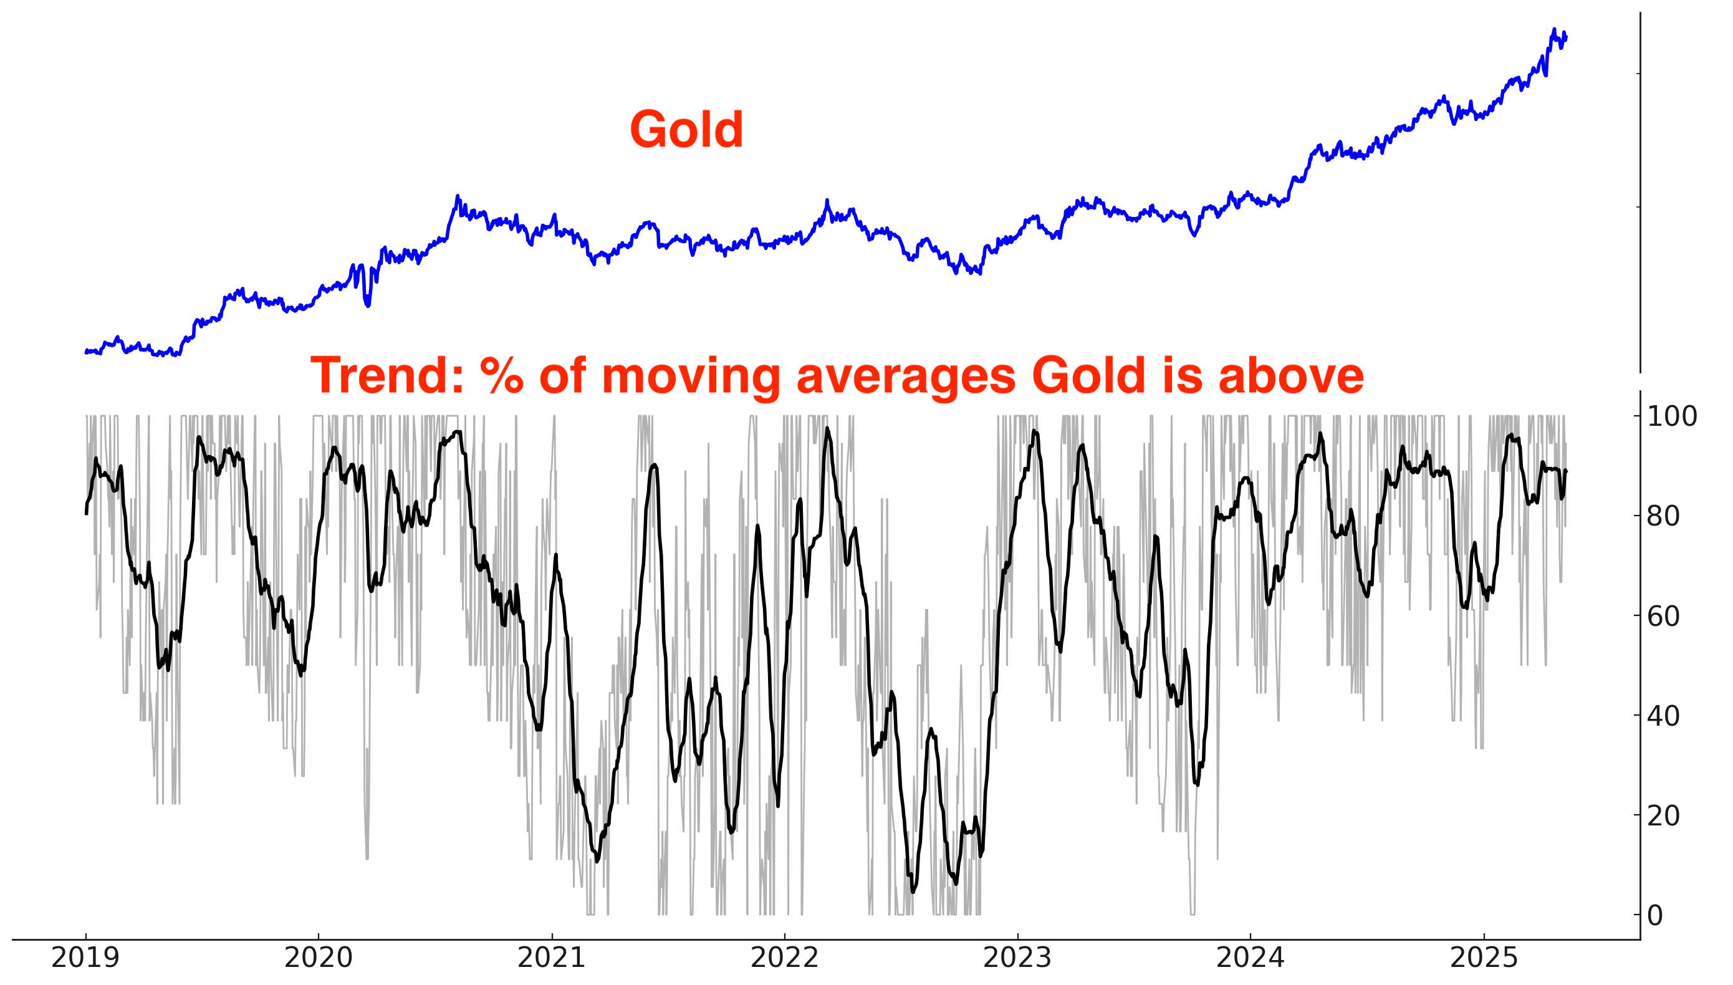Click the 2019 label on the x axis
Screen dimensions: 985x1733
pyautogui.click(x=85, y=958)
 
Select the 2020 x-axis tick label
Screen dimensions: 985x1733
pyautogui.click(x=318, y=958)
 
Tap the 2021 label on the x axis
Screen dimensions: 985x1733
pyautogui.click(x=551, y=958)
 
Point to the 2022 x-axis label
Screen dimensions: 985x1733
pyautogui.click(x=785, y=958)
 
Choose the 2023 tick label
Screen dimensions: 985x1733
pyautogui.click(x=1017, y=958)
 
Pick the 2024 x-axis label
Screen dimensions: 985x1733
pyautogui.click(x=1250, y=958)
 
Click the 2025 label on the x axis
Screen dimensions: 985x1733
pyautogui.click(x=1484, y=958)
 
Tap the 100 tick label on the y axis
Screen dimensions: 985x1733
pyautogui.click(x=1671, y=416)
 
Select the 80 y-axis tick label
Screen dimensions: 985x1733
pyautogui.click(x=1663, y=516)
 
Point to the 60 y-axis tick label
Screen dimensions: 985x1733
pyautogui.click(x=1663, y=617)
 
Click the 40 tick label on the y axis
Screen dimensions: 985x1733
pyautogui.click(x=1663, y=716)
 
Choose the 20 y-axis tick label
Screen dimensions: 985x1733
pyautogui.click(x=1663, y=816)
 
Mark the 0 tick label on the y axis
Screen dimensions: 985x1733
pyautogui.click(x=1655, y=916)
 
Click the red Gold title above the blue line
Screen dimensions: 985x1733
pyautogui.click(x=686, y=129)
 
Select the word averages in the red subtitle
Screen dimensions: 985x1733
pyautogui.click(x=906, y=375)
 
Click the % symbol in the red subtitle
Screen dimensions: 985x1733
pyautogui.click(x=501, y=375)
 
